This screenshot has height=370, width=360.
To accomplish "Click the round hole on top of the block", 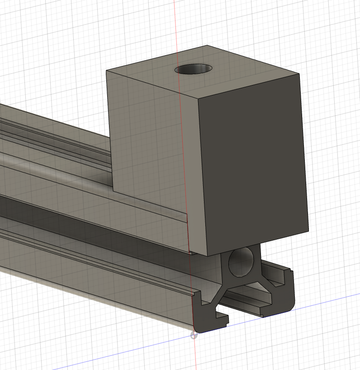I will pyautogui.click(x=194, y=69).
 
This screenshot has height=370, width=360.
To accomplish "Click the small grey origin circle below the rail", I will pyautogui.click(x=194, y=335).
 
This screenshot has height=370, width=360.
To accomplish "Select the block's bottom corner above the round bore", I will pyautogui.click(x=208, y=256).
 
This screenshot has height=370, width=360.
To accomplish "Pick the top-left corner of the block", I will pyautogui.click(x=106, y=71).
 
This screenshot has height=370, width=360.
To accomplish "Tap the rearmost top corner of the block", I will pyautogui.click(x=207, y=45).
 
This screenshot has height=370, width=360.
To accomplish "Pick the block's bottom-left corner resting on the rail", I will pyautogui.click(x=112, y=189).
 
